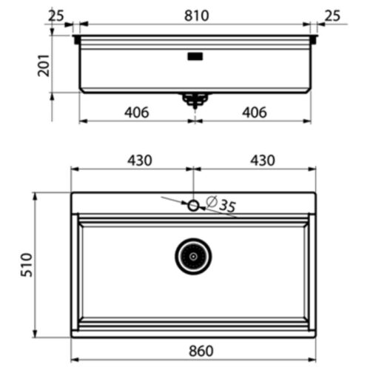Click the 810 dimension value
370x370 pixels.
pyautogui.click(x=196, y=16)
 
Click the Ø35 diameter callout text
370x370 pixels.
pyautogui.click(x=221, y=204)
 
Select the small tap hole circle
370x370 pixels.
pyautogui.click(x=194, y=206)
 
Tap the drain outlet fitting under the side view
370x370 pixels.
pyautogui.click(x=195, y=99)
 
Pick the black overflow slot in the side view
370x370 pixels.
pyautogui.click(x=195, y=55)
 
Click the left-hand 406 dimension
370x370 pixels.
pyautogui.click(x=137, y=112)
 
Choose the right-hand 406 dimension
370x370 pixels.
pyautogui.click(x=253, y=112)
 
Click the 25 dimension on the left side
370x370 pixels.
pyautogui.click(x=56, y=15)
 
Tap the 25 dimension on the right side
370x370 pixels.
pyautogui.click(x=333, y=15)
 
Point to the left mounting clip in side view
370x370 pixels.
pyautogui.click(x=77, y=39)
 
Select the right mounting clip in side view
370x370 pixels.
pyautogui.click(x=314, y=39)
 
